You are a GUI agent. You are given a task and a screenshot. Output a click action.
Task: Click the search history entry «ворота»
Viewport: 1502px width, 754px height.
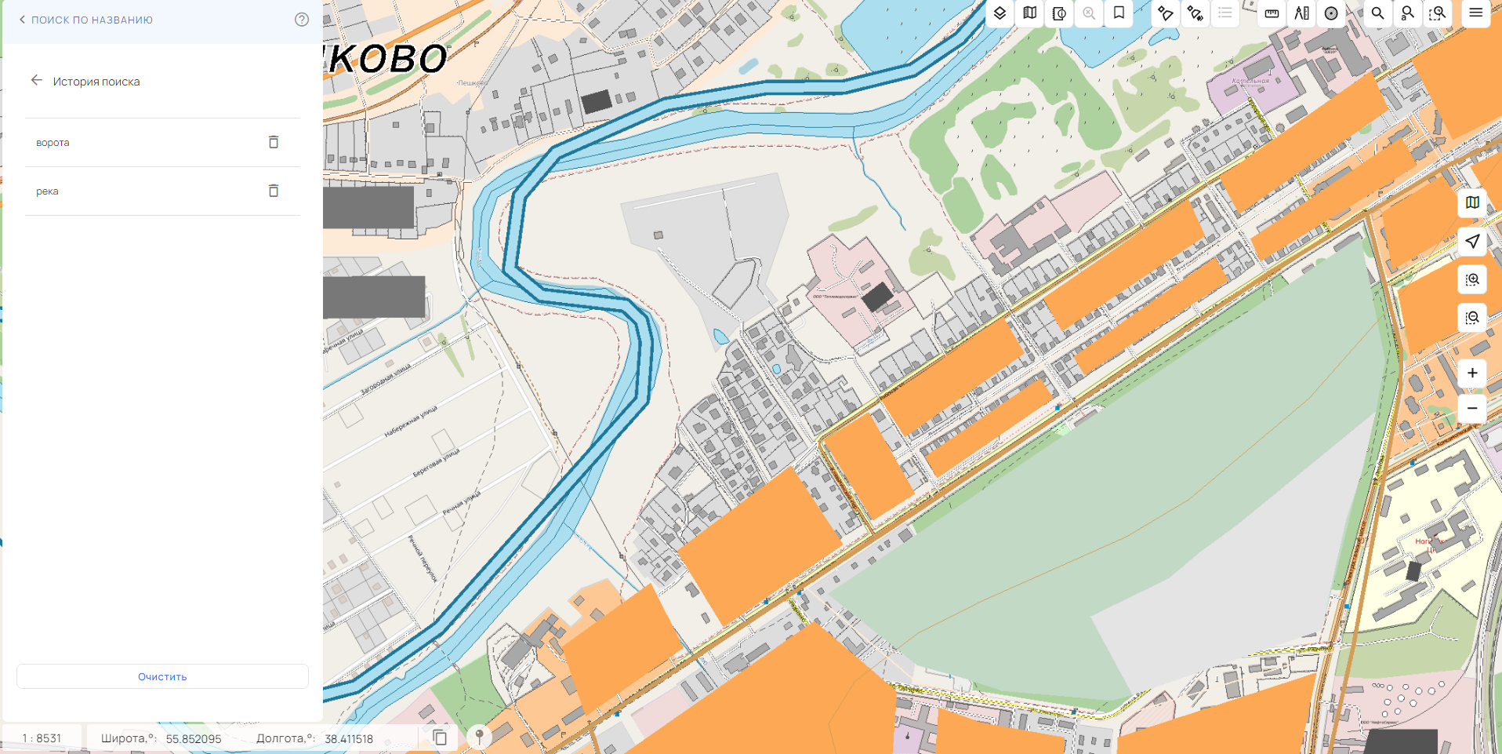pos(53,143)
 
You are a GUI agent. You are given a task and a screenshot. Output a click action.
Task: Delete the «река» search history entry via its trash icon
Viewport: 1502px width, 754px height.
pos(274,191)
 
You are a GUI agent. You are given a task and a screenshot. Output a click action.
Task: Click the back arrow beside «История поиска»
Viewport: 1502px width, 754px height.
pos(36,81)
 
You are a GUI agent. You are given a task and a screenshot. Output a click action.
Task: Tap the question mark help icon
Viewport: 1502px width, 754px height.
pos(302,20)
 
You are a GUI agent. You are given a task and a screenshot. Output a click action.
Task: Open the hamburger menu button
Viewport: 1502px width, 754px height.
pos(1475,13)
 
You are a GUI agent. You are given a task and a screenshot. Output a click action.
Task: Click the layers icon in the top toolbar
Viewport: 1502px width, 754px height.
pos(1000,13)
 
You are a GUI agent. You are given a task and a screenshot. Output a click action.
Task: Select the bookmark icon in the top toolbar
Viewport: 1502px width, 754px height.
pos(1119,13)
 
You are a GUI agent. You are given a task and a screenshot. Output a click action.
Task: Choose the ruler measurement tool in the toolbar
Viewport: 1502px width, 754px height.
pos(1272,13)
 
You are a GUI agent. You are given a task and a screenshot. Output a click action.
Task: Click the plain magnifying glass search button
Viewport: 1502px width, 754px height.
pos(1377,13)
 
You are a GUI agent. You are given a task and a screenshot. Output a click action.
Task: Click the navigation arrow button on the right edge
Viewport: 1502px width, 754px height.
pos(1472,242)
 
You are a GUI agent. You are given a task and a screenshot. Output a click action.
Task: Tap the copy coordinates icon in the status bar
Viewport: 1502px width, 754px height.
pos(441,738)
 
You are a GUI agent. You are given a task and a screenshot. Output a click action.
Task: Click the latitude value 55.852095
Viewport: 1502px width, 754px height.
pos(194,739)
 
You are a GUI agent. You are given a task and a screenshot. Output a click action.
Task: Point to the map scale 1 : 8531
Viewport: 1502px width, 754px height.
pos(42,738)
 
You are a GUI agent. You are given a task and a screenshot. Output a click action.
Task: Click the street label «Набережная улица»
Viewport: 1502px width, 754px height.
pos(411,421)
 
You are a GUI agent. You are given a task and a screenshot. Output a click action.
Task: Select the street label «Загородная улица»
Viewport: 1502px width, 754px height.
pos(386,379)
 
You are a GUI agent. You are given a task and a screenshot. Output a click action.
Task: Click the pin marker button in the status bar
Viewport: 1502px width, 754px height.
pos(479,737)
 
